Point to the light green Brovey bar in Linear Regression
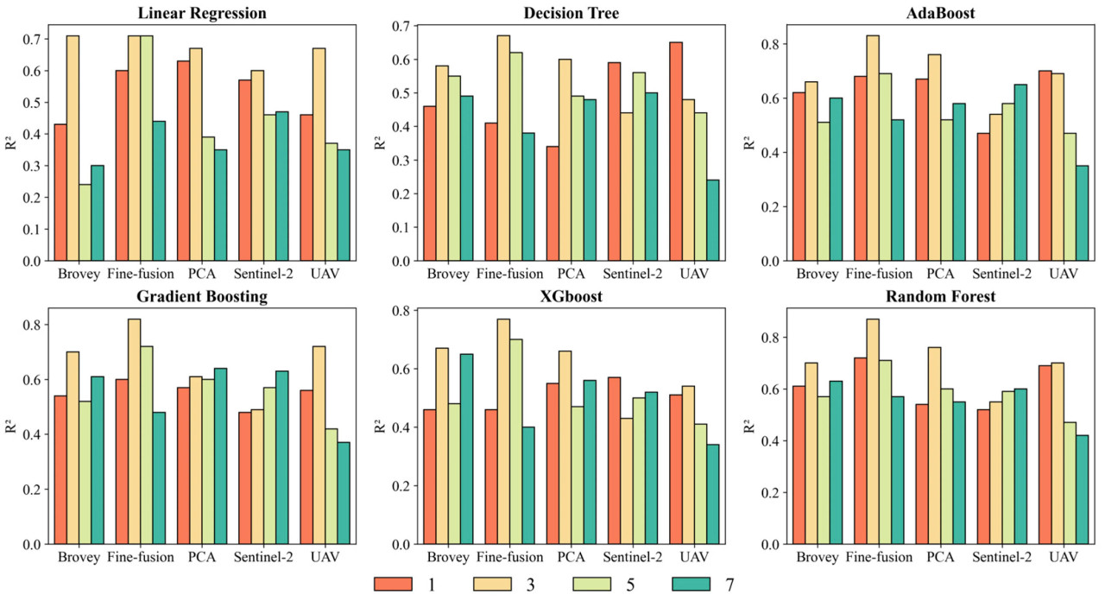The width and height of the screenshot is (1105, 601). (x=84, y=222)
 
